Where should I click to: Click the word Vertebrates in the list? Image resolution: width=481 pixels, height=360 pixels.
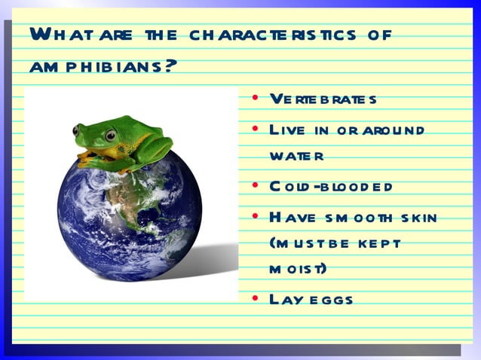[323, 99]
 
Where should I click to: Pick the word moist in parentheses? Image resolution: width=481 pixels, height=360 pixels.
[296, 269]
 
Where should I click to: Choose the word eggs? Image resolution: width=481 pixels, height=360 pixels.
[328, 300]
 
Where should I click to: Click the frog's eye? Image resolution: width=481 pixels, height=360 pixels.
[111, 135]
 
